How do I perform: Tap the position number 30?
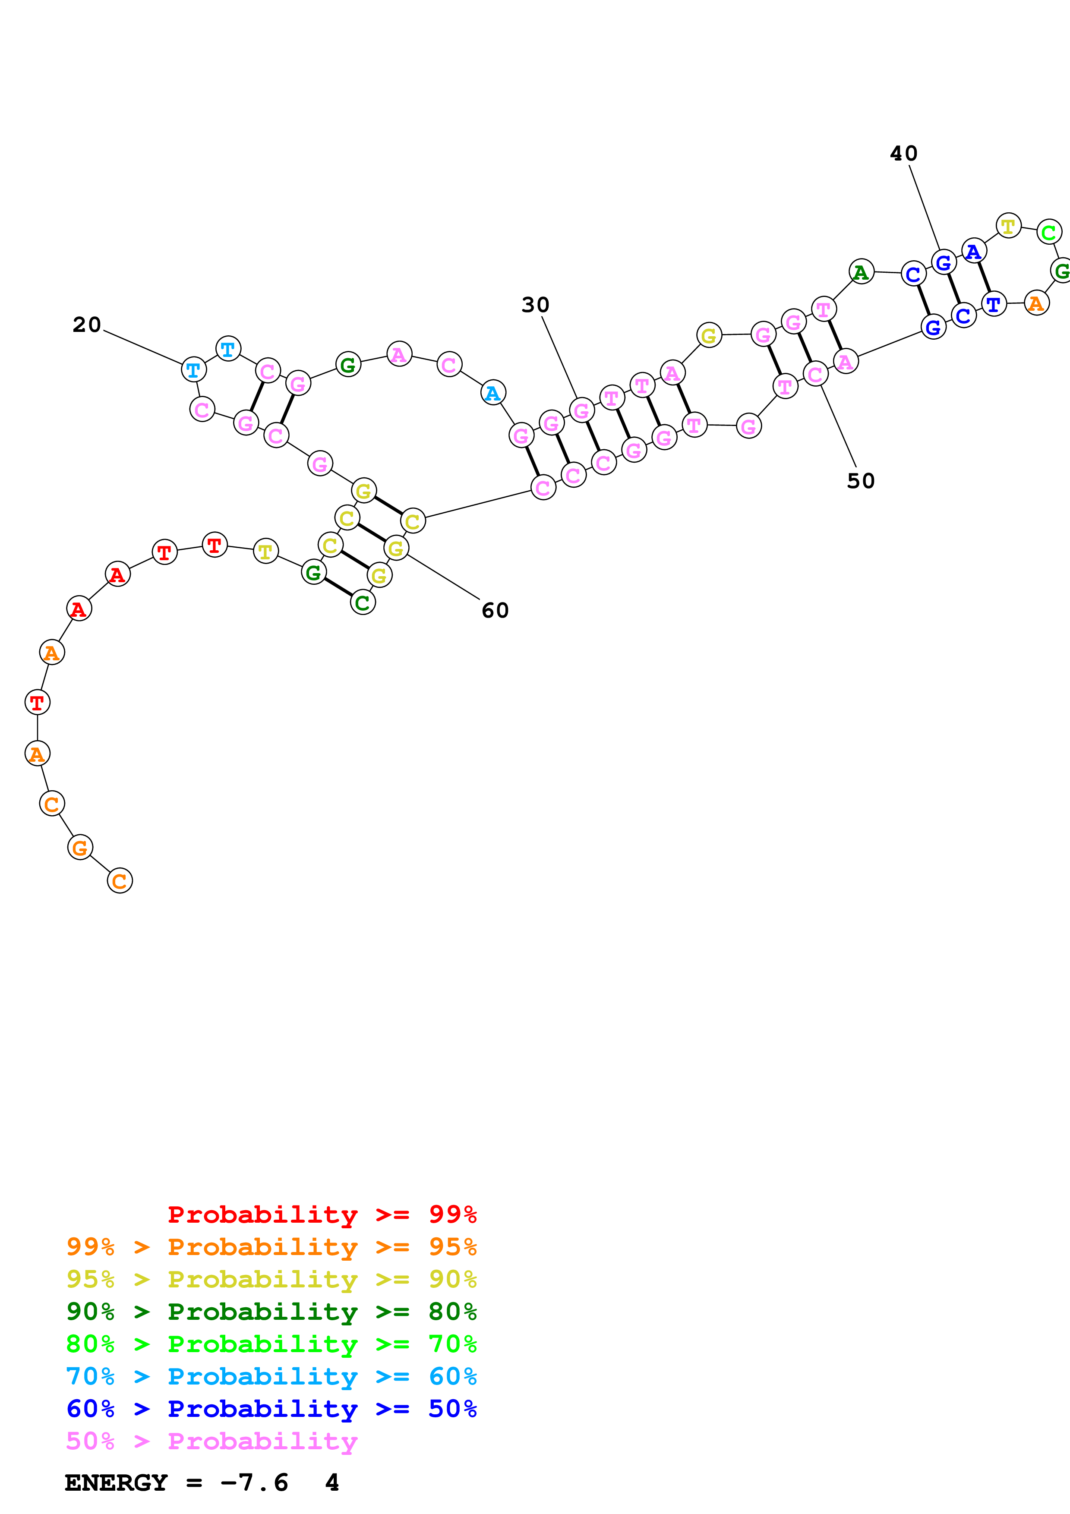(x=535, y=305)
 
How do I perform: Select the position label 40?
(x=903, y=154)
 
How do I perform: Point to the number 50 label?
(x=860, y=481)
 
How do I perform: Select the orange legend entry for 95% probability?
(x=271, y=1246)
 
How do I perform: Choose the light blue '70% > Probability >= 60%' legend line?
(x=271, y=1376)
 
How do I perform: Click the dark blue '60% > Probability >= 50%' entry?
(x=271, y=1409)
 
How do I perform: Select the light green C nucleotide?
(x=1048, y=232)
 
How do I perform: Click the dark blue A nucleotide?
(x=974, y=251)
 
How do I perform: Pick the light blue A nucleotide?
(x=493, y=393)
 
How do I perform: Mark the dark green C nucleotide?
(x=363, y=602)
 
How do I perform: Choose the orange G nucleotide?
(x=80, y=847)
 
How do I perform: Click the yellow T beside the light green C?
(x=1008, y=226)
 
